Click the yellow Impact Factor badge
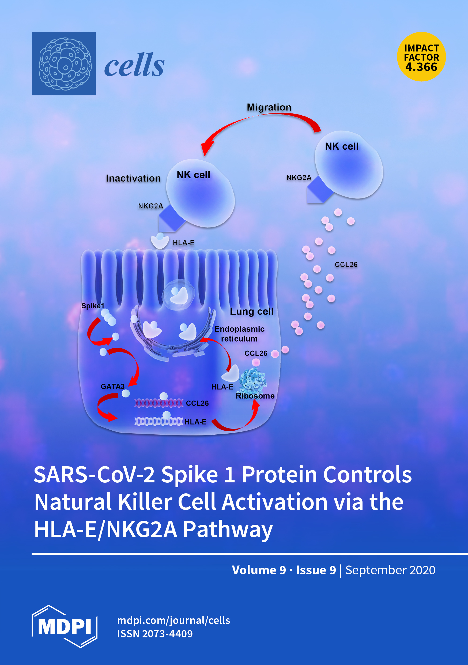(421, 57)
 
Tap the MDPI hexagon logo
(65, 626)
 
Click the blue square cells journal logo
(64, 64)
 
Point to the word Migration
(269, 107)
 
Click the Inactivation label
(133, 178)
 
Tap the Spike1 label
(93, 306)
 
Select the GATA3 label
(112, 386)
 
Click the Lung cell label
(252, 311)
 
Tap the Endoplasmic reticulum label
(239, 334)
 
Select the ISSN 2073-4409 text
(155, 634)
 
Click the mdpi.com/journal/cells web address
(173, 620)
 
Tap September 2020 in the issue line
(390, 570)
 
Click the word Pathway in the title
(228, 529)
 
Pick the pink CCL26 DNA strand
(158, 403)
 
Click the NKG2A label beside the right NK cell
(299, 178)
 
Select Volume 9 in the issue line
(259, 570)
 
